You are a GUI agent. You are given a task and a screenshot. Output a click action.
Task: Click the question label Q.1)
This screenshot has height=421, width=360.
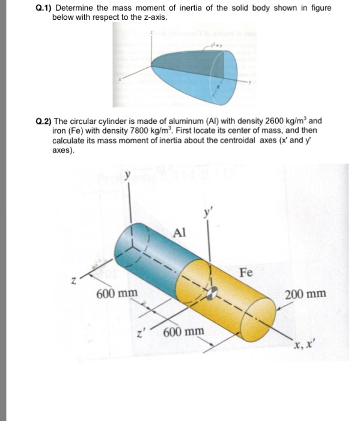click(43, 9)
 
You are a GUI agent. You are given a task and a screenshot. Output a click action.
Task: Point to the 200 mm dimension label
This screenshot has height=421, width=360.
click(305, 294)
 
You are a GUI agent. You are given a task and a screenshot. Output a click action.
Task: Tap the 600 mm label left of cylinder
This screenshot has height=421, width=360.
click(117, 293)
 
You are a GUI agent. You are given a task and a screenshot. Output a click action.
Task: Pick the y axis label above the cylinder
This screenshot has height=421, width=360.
click(127, 176)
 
